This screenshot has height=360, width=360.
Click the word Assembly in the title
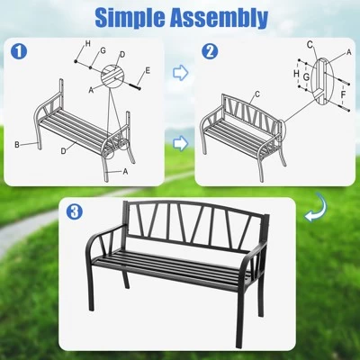coord(223,17)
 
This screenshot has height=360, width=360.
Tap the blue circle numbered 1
coord(19,52)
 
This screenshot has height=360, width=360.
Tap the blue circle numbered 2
coord(210,52)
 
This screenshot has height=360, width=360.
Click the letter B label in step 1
coord(17,144)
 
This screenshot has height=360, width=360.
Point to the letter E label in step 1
coord(148,68)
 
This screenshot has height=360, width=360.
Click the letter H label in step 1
coord(87,43)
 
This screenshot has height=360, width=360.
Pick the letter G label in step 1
coord(103,51)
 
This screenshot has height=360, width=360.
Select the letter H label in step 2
coord(295,76)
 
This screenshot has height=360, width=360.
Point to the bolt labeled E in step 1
coord(137,85)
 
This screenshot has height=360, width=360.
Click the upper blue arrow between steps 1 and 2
coord(181,73)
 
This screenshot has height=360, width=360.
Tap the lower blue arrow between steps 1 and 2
coord(181,141)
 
